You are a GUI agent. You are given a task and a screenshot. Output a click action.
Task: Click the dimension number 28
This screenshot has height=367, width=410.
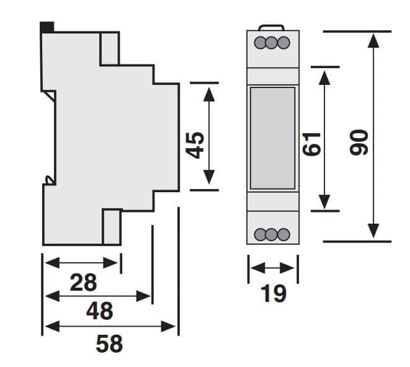83,282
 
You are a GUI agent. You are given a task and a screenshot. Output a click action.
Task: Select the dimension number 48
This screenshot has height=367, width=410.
100,311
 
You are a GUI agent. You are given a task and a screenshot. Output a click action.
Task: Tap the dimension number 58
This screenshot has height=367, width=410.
109,343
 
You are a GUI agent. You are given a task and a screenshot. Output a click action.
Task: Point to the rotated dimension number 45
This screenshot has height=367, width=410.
195,145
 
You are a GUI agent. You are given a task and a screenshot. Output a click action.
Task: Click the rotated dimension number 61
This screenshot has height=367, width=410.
311,144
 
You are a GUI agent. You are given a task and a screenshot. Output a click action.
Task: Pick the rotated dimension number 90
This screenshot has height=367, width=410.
359,142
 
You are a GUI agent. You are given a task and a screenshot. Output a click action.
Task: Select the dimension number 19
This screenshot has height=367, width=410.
274,294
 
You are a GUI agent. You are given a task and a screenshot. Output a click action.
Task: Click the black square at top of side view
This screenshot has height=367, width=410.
47,27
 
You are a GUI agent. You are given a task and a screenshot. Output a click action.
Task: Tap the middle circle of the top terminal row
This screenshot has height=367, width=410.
272,43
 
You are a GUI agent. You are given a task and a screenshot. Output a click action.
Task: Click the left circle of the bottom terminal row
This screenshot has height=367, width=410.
261,234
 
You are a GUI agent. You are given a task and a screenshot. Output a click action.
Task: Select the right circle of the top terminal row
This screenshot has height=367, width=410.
283,43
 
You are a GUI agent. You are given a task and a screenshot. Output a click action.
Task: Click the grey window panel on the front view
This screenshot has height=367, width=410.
272,138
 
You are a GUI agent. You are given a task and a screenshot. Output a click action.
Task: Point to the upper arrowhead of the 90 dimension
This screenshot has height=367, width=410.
373,41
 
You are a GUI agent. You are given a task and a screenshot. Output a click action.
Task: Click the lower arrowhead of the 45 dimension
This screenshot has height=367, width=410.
209,177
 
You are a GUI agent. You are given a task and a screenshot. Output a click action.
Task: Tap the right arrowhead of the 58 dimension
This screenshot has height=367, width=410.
168,327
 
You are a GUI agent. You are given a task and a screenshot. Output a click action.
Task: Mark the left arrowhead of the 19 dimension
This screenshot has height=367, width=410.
258,268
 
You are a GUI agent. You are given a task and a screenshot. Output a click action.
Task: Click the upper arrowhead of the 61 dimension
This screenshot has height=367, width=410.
324,78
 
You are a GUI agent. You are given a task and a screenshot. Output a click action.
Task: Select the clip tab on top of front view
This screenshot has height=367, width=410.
271,27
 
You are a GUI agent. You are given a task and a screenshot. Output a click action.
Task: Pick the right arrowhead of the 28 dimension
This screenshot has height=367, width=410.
110,263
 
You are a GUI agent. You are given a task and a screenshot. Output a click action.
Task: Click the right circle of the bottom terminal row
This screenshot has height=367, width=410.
283,234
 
